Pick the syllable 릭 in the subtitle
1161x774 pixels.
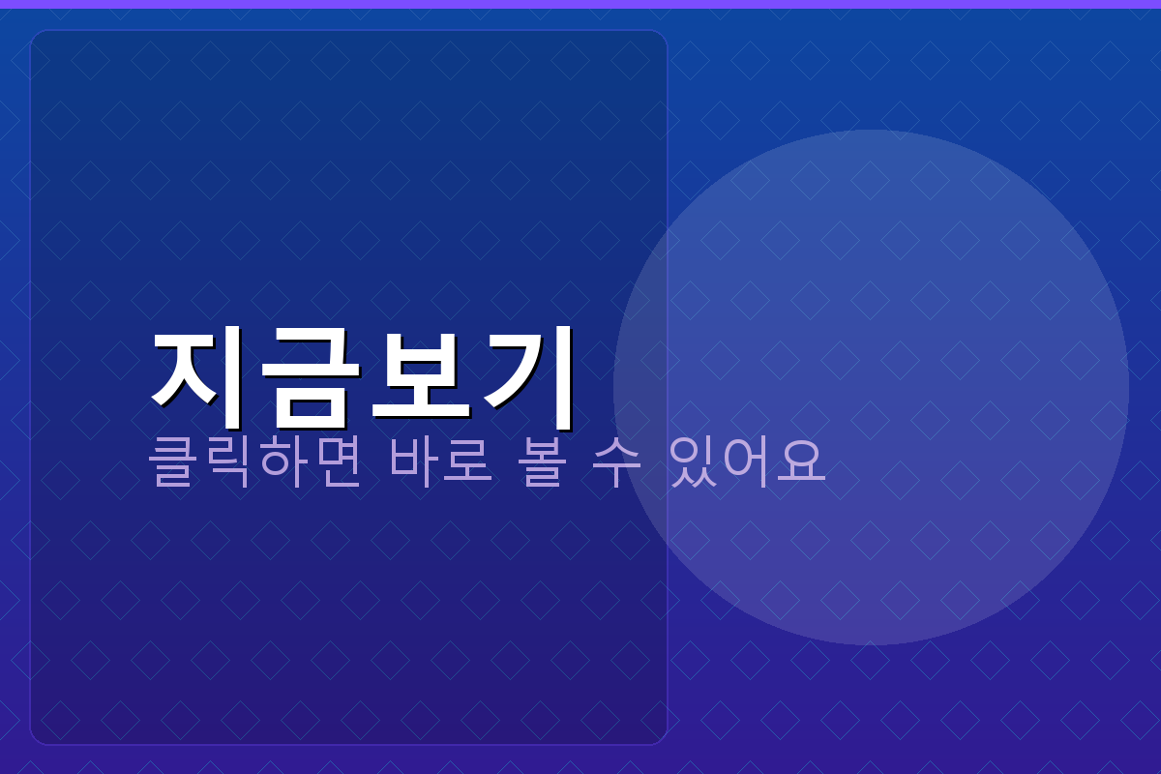pyautogui.click(x=228, y=462)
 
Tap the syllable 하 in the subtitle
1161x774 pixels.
pyautogui.click(x=283, y=462)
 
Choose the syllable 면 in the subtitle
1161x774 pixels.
pyautogui.click(x=337, y=462)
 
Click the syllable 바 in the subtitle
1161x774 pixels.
pyautogui.click(x=415, y=462)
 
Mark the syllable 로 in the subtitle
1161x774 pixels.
pyautogui.click(x=469, y=462)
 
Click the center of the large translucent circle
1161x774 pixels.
pyautogui.click(x=871, y=387)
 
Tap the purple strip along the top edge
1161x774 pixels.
pyautogui.click(x=580, y=4)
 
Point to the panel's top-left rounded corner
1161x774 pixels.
pyautogui.click(x=37, y=37)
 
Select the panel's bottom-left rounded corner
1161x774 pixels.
pyautogui.click(x=37, y=738)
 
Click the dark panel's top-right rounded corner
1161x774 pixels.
pyautogui.click(x=661, y=37)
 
